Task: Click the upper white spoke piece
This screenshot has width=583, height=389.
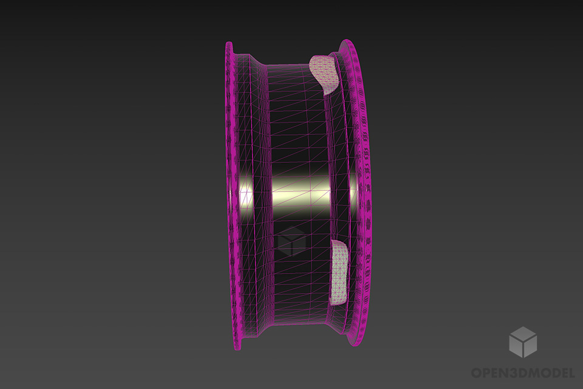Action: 324,70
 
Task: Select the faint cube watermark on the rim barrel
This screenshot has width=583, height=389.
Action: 291,241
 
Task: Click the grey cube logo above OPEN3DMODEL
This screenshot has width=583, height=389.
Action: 522,342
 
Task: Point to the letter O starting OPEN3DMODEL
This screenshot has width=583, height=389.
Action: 477,372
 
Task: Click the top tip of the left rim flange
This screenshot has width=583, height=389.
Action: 229,45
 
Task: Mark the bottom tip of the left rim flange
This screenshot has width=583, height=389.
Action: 238,348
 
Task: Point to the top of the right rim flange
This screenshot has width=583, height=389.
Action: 347,43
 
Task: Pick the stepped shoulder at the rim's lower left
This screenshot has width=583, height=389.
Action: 258,331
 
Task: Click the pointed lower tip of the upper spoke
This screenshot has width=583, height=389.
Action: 329,91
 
